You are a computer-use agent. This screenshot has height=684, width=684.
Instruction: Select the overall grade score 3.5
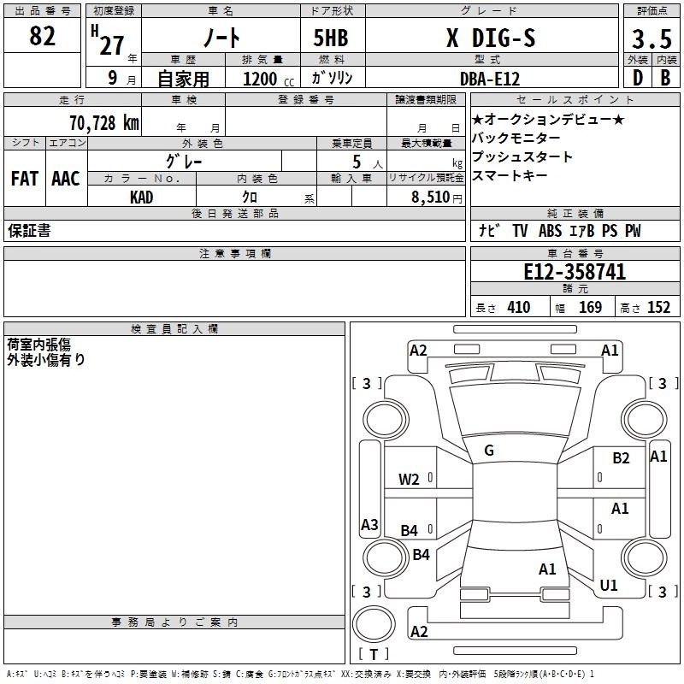[x=651, y=39]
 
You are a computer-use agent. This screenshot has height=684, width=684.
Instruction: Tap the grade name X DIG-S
[x=491, y=38]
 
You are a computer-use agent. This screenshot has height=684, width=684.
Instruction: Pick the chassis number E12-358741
[x=575, y=273]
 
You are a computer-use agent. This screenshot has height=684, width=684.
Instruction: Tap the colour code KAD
[x=142, y=198]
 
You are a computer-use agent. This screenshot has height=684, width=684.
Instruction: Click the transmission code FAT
[x=25, y=179]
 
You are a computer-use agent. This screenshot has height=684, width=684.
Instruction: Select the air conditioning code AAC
[x=66, y=179]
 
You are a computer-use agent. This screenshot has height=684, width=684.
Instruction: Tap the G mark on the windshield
[x=489, y=451]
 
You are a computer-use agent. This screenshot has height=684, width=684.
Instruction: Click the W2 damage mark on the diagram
[x=410, y=480]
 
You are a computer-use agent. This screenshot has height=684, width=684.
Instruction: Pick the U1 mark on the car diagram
[x=609, y=585]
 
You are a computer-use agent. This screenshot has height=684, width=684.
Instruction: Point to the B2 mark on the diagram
[x=621, y=458]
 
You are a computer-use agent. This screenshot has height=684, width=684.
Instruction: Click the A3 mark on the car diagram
[x=369, y=525]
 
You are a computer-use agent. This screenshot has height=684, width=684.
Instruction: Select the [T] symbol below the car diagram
[x=373, y=654]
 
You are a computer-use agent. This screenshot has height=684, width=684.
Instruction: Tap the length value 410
[x=518, y=308]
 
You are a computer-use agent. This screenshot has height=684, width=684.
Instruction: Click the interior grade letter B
[x=665, y=78]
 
